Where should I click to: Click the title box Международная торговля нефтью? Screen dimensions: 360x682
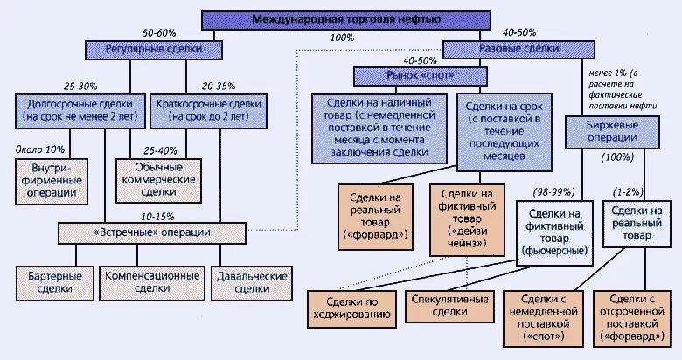click(x=345, y=18)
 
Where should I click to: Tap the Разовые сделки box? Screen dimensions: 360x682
click(x=500, y=50)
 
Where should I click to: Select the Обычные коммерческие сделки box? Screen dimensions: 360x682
click(x=158, y=178)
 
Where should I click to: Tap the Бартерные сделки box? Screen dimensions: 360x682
click(x=50, y=281)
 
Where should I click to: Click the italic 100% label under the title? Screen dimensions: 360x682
click(x=343, y=38)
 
